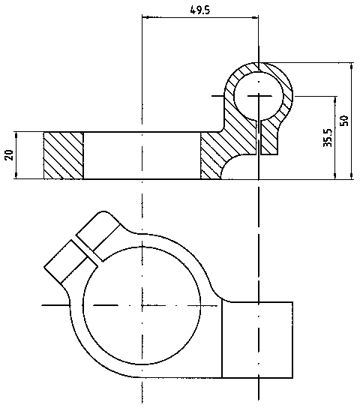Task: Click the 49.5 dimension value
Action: pos(199,10)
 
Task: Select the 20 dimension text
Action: pos(10,155)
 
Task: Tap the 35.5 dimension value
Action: pos(328,138)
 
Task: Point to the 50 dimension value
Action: pos(343,121)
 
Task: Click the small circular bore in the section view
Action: pos(259,96)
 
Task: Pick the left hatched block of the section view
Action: pos(64,155)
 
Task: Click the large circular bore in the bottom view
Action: pos(142,305)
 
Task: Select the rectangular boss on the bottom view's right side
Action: pos(257,340)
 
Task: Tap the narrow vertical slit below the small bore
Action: pos(260,138)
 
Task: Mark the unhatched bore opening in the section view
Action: pos(142,155)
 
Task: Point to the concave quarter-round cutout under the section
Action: pos(239,168)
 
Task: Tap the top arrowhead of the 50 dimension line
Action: pos(352,66)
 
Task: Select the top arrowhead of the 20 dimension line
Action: pos(16,135)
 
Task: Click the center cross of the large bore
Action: pos(142,305)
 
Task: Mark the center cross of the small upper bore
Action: pos(259,96)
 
